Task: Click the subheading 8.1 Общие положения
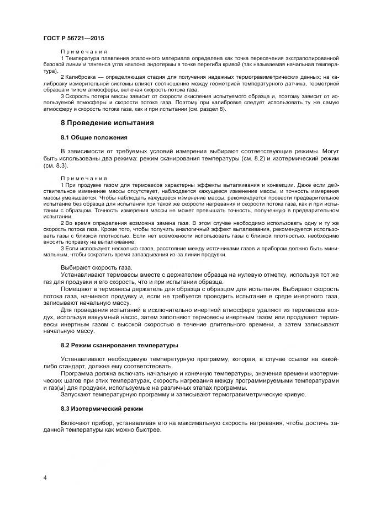pyautogui.click(x=94, y=137)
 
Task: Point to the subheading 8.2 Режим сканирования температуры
pyautogui.click(x=119, y=345)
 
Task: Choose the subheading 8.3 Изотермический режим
pyautogui.click(x=102, y=409)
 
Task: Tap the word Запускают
pyautogui.click(x=78, y=394)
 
